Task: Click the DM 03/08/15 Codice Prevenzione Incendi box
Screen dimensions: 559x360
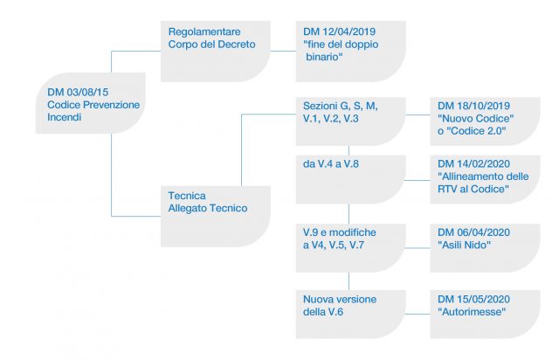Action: pyautogui.click(x=91, y=103)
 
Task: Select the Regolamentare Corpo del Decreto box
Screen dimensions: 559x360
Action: pyautogui.click(x=216, y=52)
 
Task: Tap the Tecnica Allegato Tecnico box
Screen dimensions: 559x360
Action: pyautogui.click(x=216, y=216)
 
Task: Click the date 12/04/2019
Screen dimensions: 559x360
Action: pyautogui.click(x=349, y=31)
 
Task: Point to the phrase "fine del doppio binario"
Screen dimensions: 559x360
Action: pyautogui.click(x=341, y=51)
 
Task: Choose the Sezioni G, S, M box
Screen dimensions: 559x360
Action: pyautogui.click(x=351, y=121)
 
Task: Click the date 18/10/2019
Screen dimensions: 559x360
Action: pyautogui.click(x=483, y=106)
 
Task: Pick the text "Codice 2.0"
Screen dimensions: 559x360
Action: pyautogui.click(x=479, y=131)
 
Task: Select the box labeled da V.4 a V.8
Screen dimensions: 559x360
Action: pyautogui.click(x=351, y=179)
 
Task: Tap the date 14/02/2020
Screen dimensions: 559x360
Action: pyautogui.click(x=483, y=163)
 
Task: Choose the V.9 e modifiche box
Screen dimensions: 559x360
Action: pyautogui.click(x=351, y=248)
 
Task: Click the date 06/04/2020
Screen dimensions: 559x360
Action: pyautogui.click(x=483, y=232)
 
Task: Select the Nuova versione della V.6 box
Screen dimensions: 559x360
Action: pyautogui.click(x=351, y=315)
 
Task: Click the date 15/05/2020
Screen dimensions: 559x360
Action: pyautogui.click(x=483, y=299)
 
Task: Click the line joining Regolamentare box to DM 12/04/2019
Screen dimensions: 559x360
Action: pyautogui.click(x=283, y=51)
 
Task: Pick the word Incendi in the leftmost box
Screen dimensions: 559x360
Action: pyautogui.click(x=65, y=117)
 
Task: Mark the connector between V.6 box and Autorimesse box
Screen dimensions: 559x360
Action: pyautogui.click(x=418, y=315)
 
